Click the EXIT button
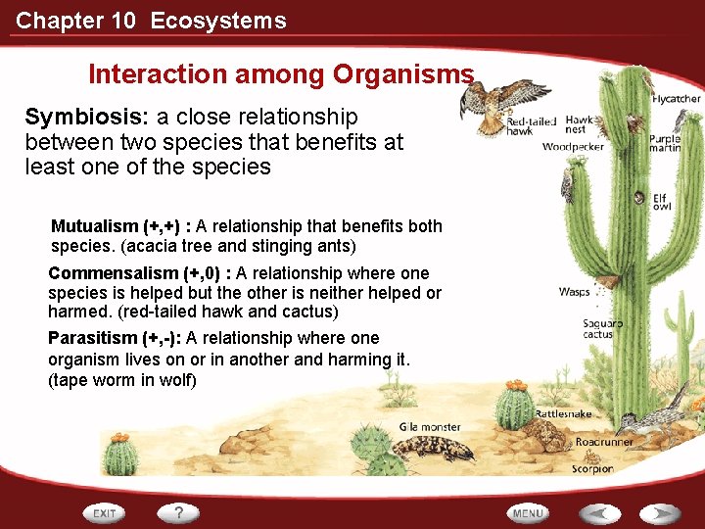pyautogui.click(x=105, y=512)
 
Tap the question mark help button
pyautogui.click(x=179, y=512)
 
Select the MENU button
pyautogui.click(x=528, y=512)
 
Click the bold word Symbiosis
pyautogui.click(x=85, y=118)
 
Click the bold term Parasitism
pyautogui.click(x=93, y=338)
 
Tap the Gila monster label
pyautogui.click(x=430, y=427)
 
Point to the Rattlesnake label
pyautogui.click(x=563, y=414)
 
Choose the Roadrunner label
pyautogui.click(x=603, y=442)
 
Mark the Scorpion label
pyautogui.click(x=592, y=469)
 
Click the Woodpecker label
pyautogui.click(x=573, y=148)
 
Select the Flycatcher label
pyautogui.click(x=677, y=99)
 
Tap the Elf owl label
pyautogui.click(x=662, y=201)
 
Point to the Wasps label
pyautogui.click(x=574, y=292)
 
